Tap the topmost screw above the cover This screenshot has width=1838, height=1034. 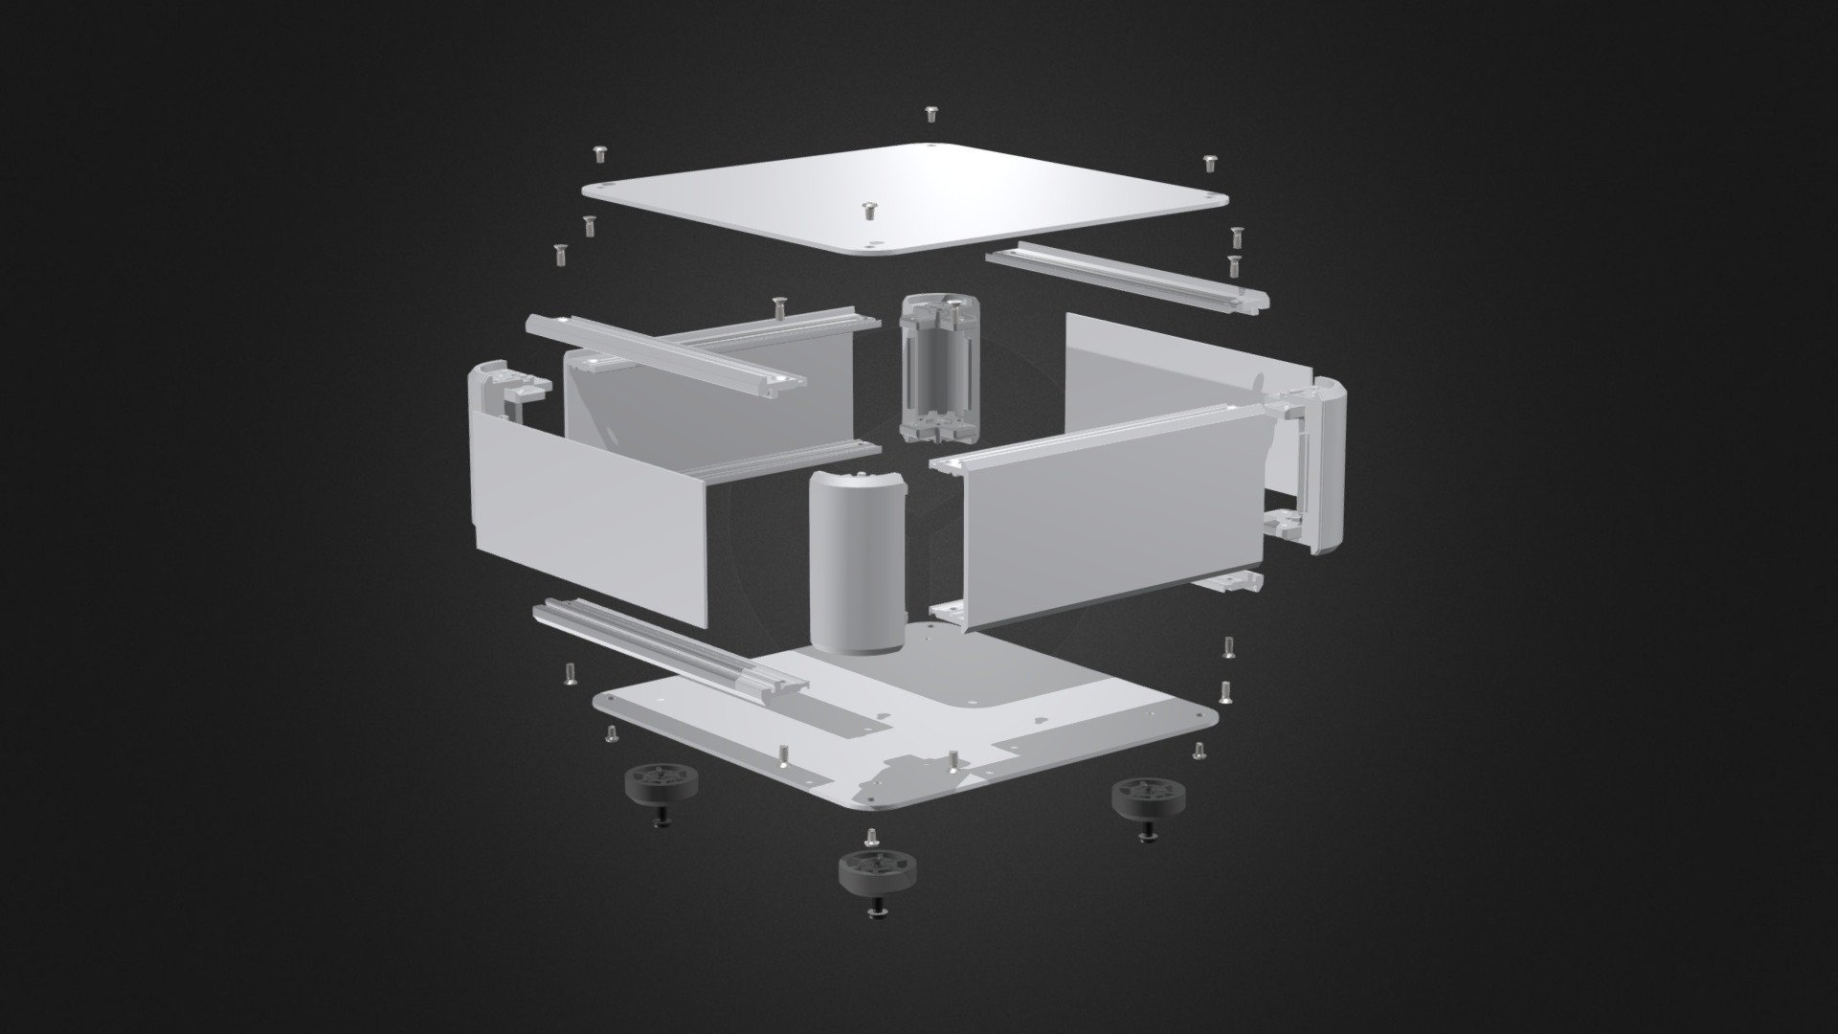930,114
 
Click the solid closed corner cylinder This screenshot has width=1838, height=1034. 857,562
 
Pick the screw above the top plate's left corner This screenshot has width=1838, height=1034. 601,152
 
